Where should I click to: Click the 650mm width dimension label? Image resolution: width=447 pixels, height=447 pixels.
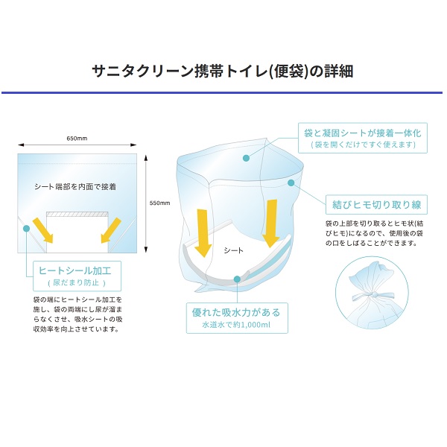click(77, 139)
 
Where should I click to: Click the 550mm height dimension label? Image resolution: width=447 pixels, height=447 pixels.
click(159, 203)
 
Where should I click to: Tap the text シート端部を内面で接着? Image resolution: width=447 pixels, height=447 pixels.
click(75, 187)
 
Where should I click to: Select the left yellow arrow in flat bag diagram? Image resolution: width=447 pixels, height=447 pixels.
click(43, 230)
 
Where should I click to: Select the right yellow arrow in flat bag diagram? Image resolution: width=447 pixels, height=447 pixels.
click(111, 230)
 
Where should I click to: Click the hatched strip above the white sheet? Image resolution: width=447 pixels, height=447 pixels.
click(77, 214)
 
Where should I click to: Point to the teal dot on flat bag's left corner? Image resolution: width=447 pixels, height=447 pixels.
click(27, 229)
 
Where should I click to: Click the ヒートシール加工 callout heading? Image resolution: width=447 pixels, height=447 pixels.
click(75, 270)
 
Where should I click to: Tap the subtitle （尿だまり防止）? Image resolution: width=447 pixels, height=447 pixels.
click(77, 283)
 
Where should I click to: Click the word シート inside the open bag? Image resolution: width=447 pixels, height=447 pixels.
click(233, 250)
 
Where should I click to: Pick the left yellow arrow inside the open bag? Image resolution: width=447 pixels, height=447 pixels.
click(203, 233)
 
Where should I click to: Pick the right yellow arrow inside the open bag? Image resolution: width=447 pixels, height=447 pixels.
click(270, 223)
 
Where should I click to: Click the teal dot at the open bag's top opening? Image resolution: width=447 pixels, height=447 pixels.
click(246, 158)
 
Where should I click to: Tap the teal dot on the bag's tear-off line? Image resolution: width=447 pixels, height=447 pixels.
click(291, 183)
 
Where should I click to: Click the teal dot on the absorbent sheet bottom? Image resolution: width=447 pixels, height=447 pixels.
click(237, 279)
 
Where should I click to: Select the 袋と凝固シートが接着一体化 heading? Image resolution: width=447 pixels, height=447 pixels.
click(363, 133)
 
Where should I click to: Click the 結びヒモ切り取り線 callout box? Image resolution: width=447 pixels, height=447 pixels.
click(376, 204)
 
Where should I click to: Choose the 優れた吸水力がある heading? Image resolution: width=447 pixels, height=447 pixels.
click(236, 312)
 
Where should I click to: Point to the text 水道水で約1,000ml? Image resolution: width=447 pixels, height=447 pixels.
click(236, 325)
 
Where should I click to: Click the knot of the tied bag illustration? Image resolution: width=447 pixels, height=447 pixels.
click(374, 294)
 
